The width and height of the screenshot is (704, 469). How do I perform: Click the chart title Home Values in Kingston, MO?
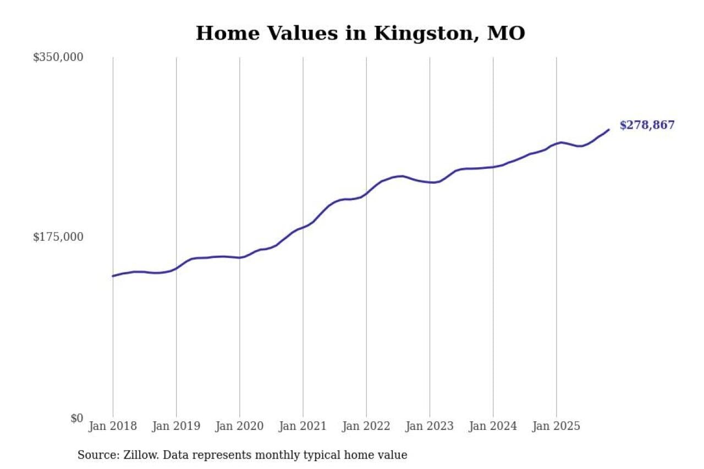[x=360, y=34]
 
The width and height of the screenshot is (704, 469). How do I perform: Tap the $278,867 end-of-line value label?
[x=647, y=125]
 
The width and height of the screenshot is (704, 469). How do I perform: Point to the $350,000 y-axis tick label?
[x=58, y=57]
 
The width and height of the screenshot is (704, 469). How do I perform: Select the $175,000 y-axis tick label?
[x=58, y=237]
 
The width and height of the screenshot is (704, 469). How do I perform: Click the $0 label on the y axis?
[x=76, y=418]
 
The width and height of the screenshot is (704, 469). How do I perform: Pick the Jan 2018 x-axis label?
[x=113, y=426]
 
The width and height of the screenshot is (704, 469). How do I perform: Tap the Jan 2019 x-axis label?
[x=176, y=426]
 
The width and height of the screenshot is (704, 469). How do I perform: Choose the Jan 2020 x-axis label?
[x=239, y=426]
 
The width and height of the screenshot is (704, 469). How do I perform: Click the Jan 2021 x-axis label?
[x=302, y=426]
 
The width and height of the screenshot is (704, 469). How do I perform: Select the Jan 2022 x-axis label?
[x=366, y=426]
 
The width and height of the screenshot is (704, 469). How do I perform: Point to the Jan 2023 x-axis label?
[x=430, y=426]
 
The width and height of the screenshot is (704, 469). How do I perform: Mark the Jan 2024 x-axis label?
[x=493, y=426]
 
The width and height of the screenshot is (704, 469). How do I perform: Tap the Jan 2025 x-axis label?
[x=556, y=426]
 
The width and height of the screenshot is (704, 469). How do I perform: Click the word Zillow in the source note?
[x=133, y=455]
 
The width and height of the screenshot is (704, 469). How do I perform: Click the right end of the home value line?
[x=609, y=130]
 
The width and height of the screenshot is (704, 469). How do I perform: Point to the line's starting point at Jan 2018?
[x=113, y=276]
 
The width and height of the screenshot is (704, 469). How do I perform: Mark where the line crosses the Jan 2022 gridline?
[x=366, y=194]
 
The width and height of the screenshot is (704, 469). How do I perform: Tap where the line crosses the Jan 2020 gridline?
[x=240, y=257]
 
